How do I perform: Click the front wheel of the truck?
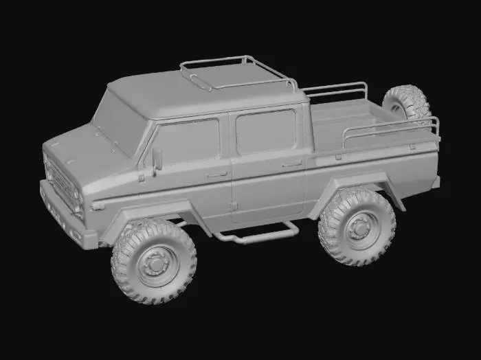(153, 261)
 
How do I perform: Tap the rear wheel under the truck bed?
(357, 226)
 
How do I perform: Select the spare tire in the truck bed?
(407, 103)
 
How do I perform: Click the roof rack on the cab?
(237, 72)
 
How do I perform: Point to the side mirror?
(157, 159)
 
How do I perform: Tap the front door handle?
(216, 175)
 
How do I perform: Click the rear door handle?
(291, 164)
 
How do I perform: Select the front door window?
(188, 142)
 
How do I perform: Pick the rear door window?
(265, 131)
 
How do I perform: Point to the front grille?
(63, 183)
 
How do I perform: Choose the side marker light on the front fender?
(98, 205)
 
